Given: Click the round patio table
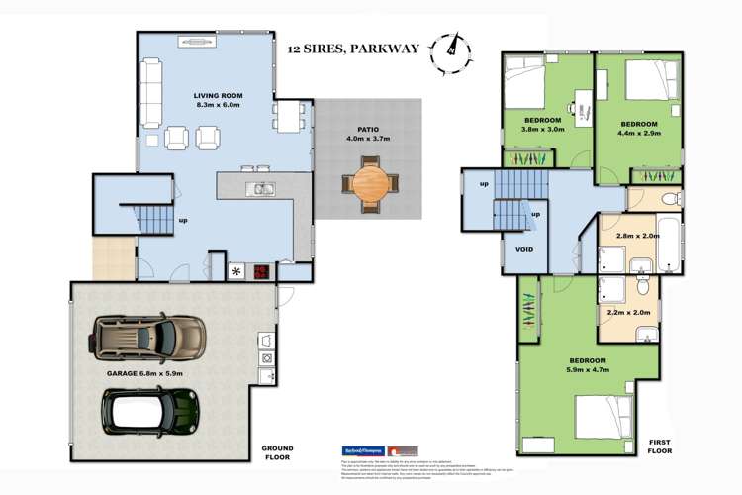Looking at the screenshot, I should [x=368, y=182].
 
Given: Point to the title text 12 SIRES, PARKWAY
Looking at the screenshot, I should [x=353, y=47].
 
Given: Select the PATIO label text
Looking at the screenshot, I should [x=369, y=128].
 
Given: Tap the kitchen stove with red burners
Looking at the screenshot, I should [x=259, y=271].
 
